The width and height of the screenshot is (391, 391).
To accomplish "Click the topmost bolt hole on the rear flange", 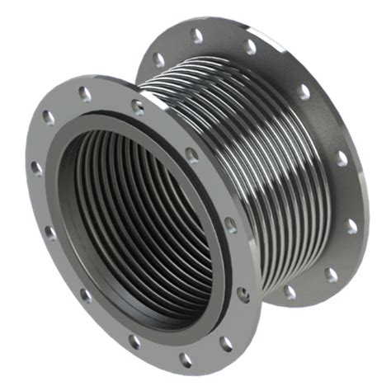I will pyautogui.click(x=195, y=35).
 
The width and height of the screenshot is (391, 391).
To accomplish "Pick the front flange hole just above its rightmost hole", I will pyautogui.click(x=230, y=224).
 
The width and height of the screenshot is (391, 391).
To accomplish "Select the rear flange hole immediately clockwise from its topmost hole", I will pyautogui.click(x=249, y=47).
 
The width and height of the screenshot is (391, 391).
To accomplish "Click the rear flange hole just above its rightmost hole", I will pyautogui.click(x=342, y=157).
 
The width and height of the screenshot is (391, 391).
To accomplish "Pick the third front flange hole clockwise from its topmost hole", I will pyautogui.click(x=230, y=224).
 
